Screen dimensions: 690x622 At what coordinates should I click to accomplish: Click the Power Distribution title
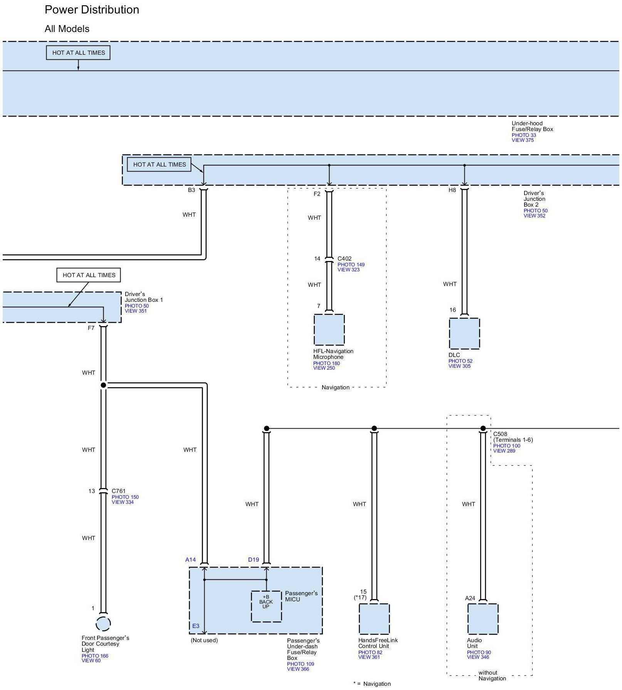pyautogui.click(x=92, y=10)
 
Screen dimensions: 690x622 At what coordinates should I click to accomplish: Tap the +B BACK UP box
pyautogui.click(x=266, y=606)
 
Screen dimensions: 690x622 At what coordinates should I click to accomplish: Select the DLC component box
pyautogui.click(x=464, y=333)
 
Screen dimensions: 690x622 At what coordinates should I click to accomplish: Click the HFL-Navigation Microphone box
pyautogui.click(x=329, y=330)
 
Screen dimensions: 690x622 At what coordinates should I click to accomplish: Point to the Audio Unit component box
pyautogui.click(x=482, y=619)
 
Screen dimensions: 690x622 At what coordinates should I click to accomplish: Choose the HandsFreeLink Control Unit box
pyautogui.click(x=374, y=619)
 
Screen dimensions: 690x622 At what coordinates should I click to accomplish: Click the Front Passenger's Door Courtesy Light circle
pyautogui.click(x=103, y=624)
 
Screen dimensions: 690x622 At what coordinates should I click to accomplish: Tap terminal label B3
pyautogui.click(x=192, y=190)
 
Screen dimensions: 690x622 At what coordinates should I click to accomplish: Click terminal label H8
pyautogui.click(x=452, y=190)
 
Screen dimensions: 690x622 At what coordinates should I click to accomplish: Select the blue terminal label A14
pyautogui.click(x=190, y=560)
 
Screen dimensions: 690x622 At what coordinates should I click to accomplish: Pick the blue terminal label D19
pyautogui.click(x=254, y=560)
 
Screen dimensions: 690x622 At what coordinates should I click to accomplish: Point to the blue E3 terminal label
pyautogui.click(x=196, y=626)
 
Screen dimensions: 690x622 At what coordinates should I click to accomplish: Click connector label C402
pyautogui.click(x=345, y=259)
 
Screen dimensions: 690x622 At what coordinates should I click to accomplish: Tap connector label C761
pyautogui.click(x=119, y=491)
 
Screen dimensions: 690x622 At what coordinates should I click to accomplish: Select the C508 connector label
pyautogui.click(x=500, y=434)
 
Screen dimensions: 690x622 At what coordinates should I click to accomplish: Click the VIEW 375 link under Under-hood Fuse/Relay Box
pyautogui.click(x=523, y=140)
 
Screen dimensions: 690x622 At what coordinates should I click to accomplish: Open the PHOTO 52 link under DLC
pyautogui.click(x=460, y=361)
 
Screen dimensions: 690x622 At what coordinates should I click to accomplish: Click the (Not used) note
pyautogui.click(x=204, y=640)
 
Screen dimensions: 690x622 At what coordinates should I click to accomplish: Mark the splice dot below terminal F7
pyautogui.click(x=103, y=385)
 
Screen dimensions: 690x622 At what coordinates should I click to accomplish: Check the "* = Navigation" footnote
pyautogui.click(x=372, y=684)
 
